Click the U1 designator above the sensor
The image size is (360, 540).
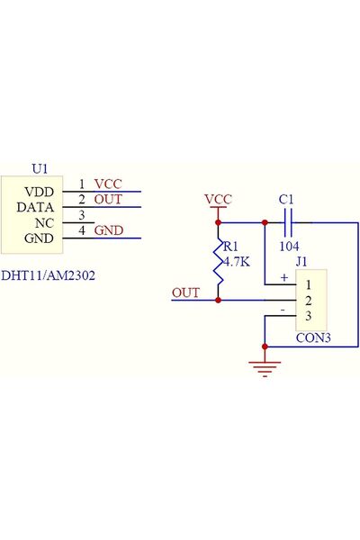[40, 169]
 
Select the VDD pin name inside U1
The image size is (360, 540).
[39, 192]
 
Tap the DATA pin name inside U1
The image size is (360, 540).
[35, 207]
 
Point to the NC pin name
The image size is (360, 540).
[44, 223]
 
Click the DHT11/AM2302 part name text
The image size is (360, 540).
[48, 275]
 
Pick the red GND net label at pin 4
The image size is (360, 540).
[109, 230]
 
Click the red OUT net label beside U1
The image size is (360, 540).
[108, 200]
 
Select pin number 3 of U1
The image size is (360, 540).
[82, 215]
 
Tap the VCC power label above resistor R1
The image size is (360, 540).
[218, 200]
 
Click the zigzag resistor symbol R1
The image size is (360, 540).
[218, 262]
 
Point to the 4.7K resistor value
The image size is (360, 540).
[237, 262]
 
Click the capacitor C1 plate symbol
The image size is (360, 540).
[289, 223]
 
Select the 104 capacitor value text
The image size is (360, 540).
[289, 247]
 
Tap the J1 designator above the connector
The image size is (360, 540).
[301, 262]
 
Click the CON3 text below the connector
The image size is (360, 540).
[313, 337]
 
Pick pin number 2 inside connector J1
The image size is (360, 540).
[309, 301]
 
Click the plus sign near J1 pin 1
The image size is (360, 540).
[284, 277]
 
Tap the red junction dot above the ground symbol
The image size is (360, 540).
[265, 346]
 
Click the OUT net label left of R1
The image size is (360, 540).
[185, 292]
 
